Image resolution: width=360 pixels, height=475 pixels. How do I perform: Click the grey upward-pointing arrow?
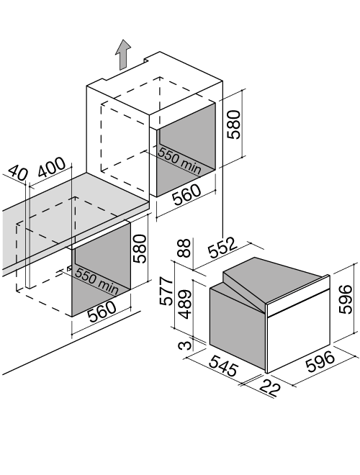[122, 55]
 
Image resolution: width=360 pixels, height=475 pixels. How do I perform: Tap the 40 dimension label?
[17, 173]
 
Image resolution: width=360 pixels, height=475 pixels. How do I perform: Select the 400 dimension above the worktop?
[51, 167]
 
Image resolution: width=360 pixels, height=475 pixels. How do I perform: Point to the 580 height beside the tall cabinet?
[234, 125]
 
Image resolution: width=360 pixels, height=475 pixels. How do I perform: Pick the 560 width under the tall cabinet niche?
[186, 194]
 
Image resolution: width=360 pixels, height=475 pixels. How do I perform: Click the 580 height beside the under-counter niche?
[140, 248]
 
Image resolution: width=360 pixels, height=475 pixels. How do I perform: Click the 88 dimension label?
[184, 248]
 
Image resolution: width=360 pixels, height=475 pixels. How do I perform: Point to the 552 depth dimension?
[222, 248]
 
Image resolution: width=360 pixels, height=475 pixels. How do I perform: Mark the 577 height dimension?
[166, 291]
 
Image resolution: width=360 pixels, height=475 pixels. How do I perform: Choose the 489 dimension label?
[184, 304]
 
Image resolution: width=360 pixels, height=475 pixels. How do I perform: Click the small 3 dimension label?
[185, 345]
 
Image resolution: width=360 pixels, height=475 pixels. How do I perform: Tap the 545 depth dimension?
[224, 366]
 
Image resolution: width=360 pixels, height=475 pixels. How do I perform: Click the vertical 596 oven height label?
[346, 299]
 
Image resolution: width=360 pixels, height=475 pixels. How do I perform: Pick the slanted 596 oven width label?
[321, 361]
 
